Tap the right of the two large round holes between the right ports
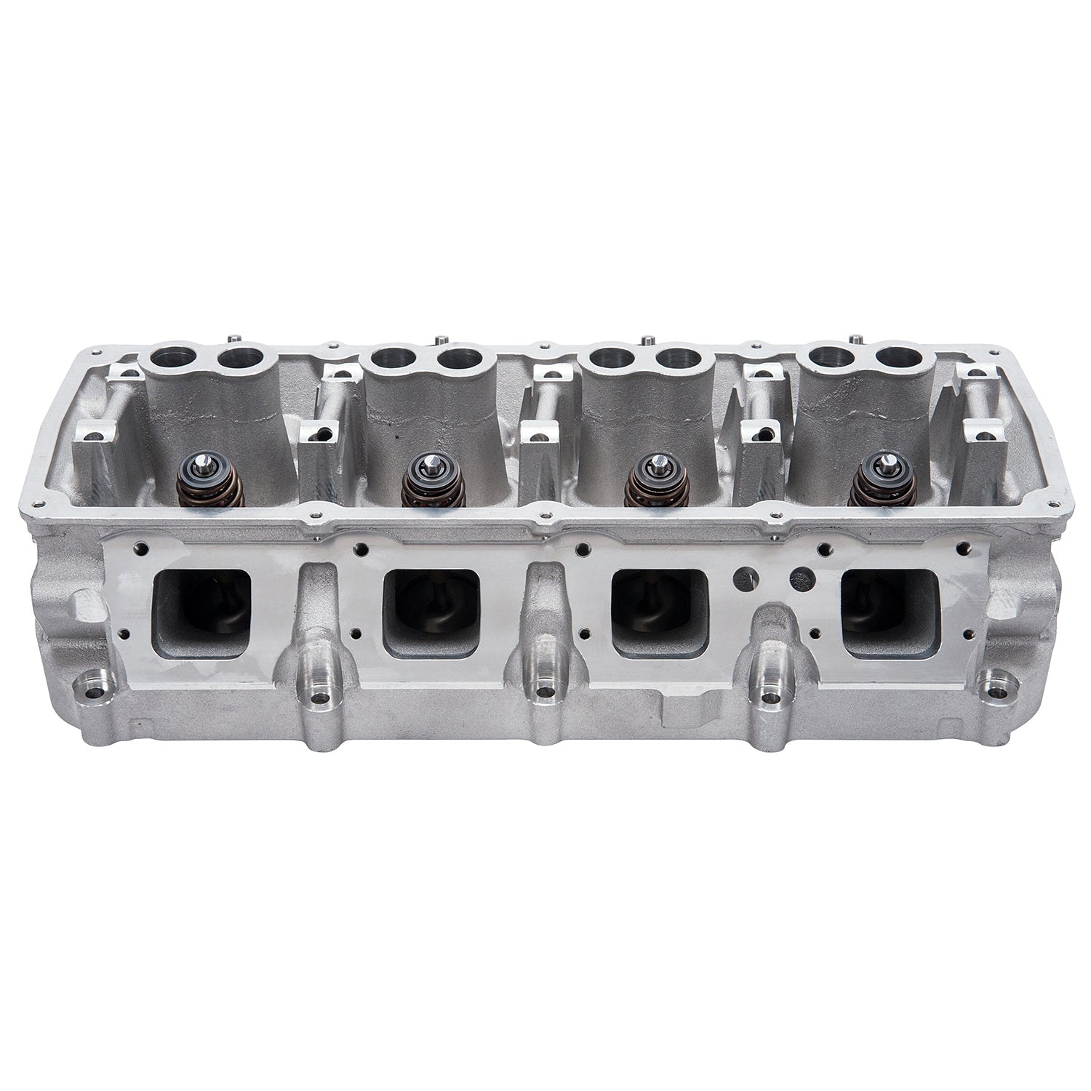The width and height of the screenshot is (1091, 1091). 802,578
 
